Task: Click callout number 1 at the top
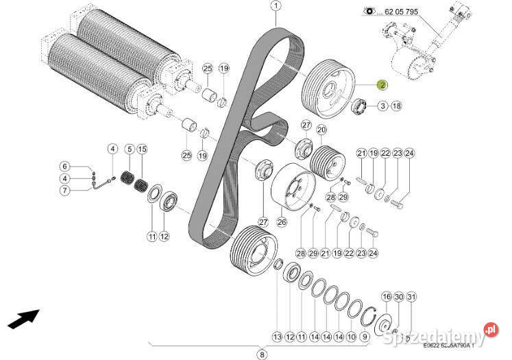[x=276, y=7]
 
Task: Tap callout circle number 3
[x=382, y=106]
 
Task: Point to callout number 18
[x=396, y=106]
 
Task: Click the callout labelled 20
[x=321, y=129]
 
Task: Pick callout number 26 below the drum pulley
[x=280, y=221]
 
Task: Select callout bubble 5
[x=127, y=149]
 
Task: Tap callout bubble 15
[x=142, y=149]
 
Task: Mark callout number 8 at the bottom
[x=261, y=354]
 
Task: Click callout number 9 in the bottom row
[x=365, y=337]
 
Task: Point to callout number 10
[x=352, y=337]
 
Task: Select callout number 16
[x=386, y=296]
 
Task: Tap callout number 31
[x=411, y=296]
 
